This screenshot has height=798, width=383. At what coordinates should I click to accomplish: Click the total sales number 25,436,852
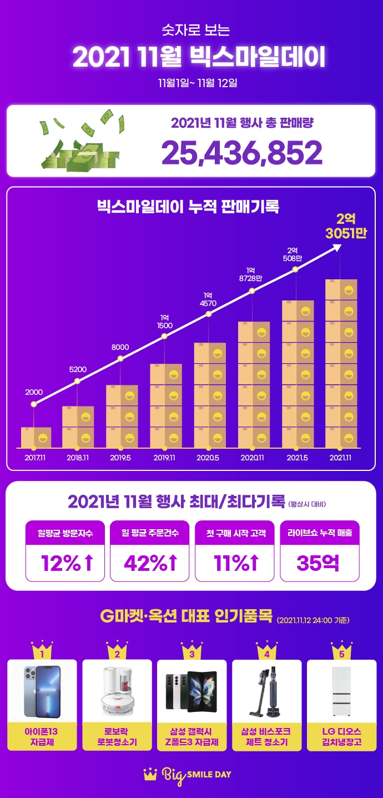[x=241, y=152]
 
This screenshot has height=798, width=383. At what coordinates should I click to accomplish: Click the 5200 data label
[x=77, y=369]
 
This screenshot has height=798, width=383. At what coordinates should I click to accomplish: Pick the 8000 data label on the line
[x=120, y=347]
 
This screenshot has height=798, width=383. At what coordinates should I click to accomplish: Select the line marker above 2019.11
[x=164, y=336]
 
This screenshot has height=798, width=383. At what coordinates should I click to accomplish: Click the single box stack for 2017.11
[x=36, y=437]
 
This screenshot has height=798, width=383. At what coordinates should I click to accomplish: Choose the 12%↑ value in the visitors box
[x=65, y=563]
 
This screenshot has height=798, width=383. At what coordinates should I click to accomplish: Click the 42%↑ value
[x=150, y=563]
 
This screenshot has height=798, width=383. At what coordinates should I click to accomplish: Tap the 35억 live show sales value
[x=319, y=563]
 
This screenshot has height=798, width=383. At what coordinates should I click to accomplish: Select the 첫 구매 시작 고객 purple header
[x=235, y=533]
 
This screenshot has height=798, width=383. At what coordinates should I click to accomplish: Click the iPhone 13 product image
[x=42, y=691]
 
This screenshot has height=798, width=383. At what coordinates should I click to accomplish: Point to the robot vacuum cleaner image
[x=117, y=691]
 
